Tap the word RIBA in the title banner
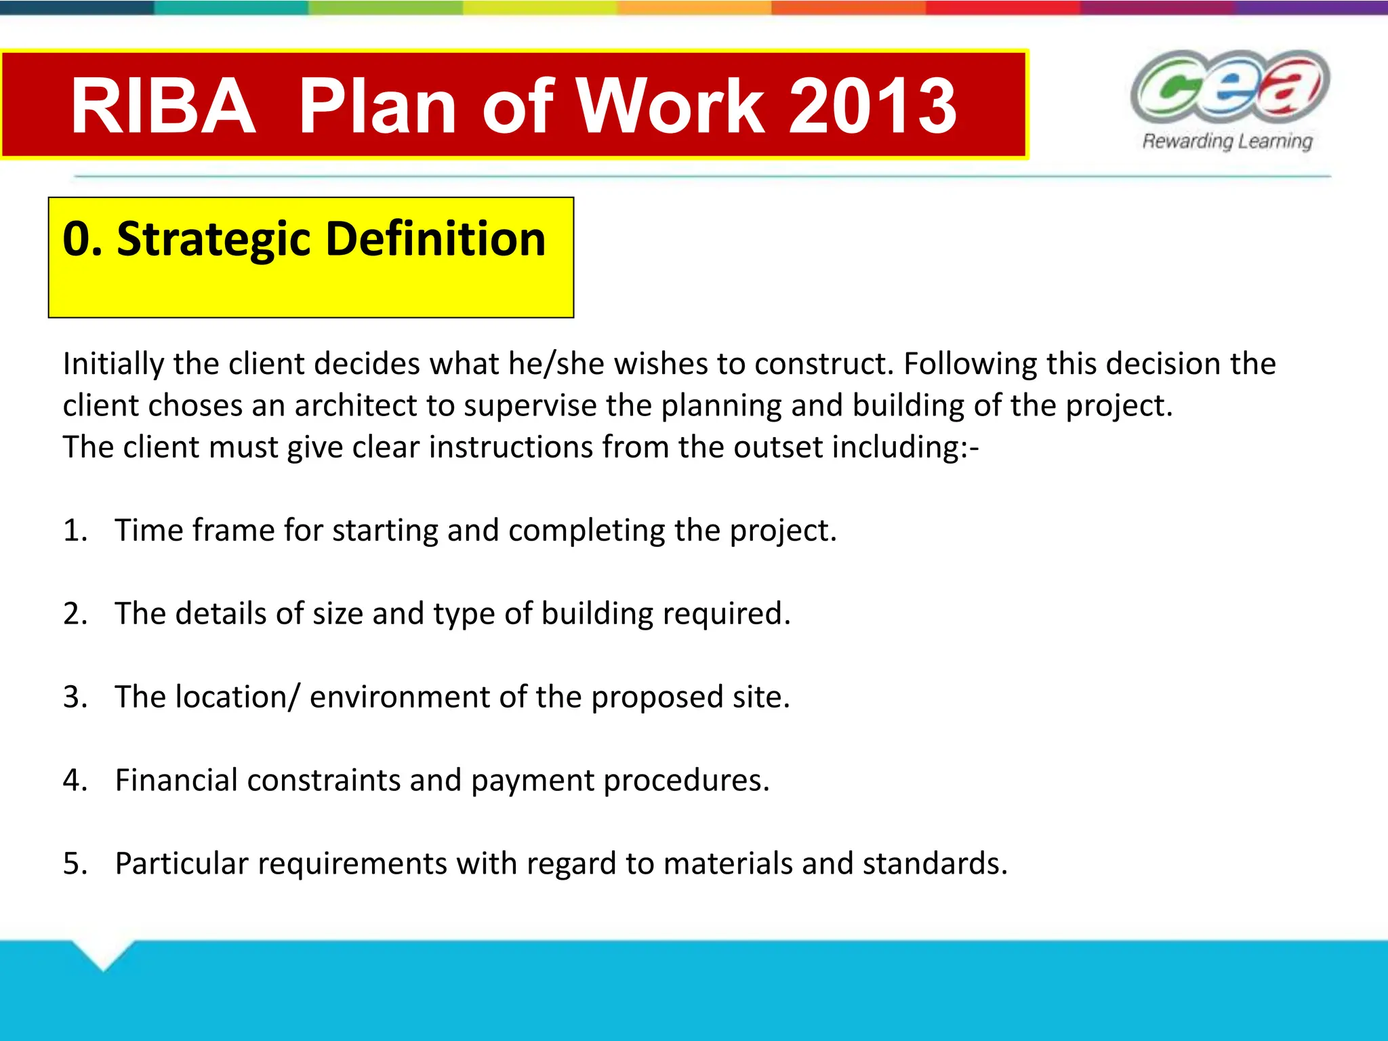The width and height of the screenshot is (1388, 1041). [163, 106]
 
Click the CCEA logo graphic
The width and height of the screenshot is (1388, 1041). [1229, 87]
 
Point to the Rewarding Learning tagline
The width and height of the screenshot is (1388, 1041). [1227, 141]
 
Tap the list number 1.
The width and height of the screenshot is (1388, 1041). [75, 530]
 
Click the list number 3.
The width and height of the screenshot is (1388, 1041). [75, 697]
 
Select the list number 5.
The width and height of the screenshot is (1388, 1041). [75, 863]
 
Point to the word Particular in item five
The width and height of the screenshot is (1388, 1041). [182, 863]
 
